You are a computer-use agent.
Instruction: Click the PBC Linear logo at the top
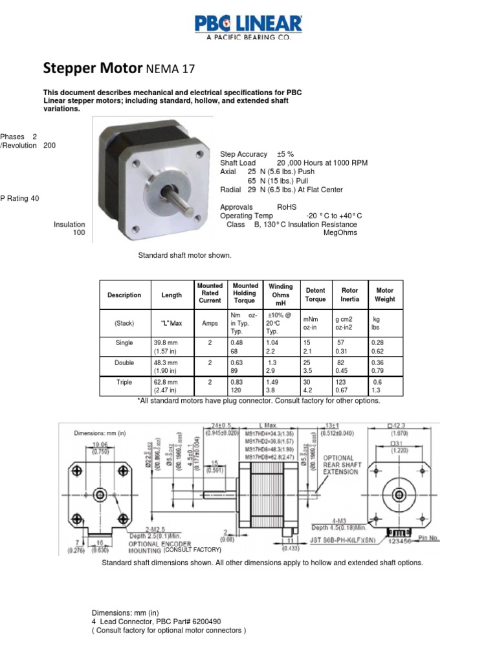pos(248,27)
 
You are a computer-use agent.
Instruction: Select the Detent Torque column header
pos(315,295)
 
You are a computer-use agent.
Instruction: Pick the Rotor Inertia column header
pos(349,295)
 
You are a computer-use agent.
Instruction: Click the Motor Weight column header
pos(384,295)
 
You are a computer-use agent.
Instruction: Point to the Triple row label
pos(124,382)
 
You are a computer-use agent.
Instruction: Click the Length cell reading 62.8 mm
pos(166,382)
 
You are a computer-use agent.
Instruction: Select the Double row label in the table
pos(124,363)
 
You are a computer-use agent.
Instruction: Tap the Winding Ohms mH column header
pos(281,295)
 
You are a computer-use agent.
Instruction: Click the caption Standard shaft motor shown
pos(184,255)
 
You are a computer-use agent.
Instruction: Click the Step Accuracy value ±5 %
pos(285,154)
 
